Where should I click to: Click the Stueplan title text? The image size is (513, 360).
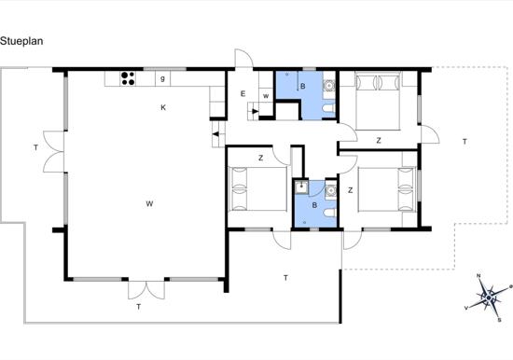tap(21, 41)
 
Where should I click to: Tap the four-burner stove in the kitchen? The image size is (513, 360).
tap(128, 78)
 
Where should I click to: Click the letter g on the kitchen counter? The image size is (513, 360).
tap(162, 79)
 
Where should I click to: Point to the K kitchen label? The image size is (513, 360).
tap(163, 107)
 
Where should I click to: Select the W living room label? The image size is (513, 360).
tap(149, 204)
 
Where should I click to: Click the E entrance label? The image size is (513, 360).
tap(243, 94)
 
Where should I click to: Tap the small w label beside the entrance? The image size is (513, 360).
tap(266, 96)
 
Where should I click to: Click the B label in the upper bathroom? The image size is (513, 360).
tap(303, 87)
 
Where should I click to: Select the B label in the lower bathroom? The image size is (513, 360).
tap(314, 205)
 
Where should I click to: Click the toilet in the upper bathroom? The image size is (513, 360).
tap(328, 108)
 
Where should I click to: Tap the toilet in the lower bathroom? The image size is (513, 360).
tap(330, 213)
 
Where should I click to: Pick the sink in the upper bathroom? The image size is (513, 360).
tap(328, 86)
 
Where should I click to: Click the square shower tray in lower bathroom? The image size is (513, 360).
tap(300, 187)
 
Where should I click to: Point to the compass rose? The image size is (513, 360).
tap(489, 298)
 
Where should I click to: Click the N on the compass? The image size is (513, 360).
tap(478, 277)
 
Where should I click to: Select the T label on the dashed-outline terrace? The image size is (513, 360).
tap(464, 142)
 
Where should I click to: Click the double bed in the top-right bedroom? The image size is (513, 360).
tap(378, 101)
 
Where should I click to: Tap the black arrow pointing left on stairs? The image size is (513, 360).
tap(215, 134)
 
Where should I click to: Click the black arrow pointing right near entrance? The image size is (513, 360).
tap(255, 111)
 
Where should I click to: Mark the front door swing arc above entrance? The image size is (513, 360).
tap(249, 56)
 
